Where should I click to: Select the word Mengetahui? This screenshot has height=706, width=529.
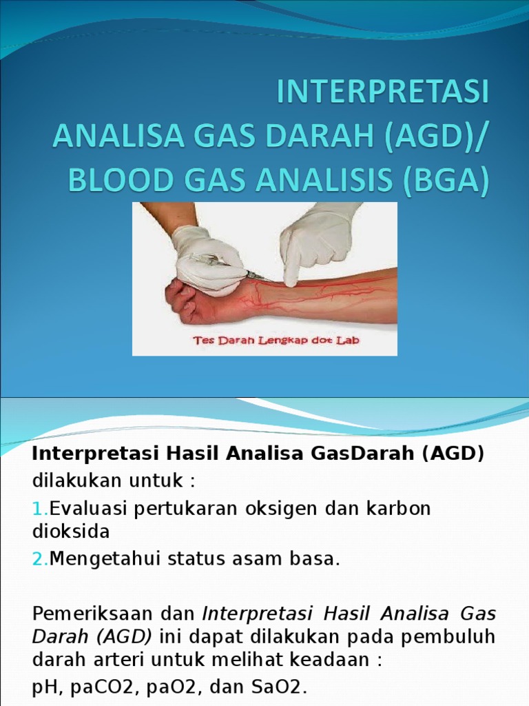click(104, 559)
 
